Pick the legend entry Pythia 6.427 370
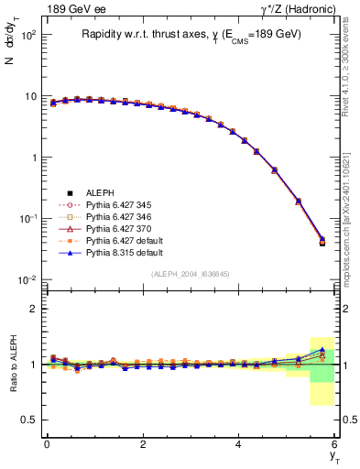[109, 227]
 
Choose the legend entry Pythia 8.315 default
[113, 250]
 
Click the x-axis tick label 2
[143, 444]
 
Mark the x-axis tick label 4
[239, 444]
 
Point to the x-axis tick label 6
[335, 444]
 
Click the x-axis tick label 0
[47, 444]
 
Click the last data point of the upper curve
[322, 241]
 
